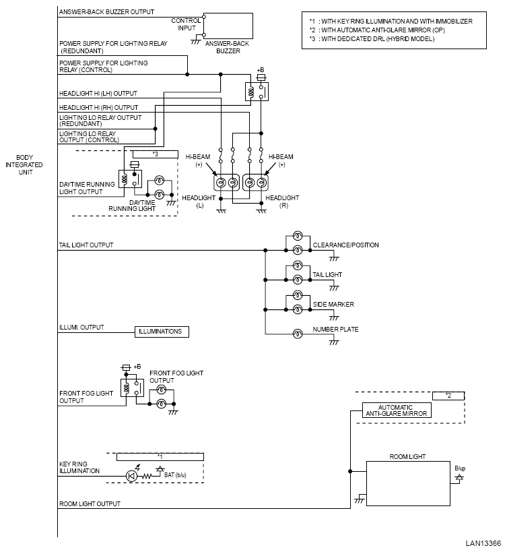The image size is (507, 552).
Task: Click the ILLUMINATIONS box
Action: [x=162, y=332]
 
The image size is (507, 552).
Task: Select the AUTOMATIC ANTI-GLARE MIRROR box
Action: [x=397, y=410]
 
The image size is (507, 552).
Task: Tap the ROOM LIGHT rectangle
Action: [x=408, y=483]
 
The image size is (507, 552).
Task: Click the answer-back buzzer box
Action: [x=228, y=26]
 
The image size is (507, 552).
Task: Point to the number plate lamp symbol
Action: [x=298, y=334]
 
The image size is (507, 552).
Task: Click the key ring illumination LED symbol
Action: [x=131, y=477]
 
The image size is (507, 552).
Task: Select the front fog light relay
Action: [x=132, y=388]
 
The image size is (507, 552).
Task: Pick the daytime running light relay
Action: [x=130, y=179]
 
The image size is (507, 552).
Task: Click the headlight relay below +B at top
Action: [x=257, y=92]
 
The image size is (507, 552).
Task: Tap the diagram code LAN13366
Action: [x=483, y=543]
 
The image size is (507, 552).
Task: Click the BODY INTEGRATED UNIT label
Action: [x=24, y=164]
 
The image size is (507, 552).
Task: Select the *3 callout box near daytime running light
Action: [x=155, y=154]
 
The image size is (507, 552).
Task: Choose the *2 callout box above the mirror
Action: [x=448, y=396]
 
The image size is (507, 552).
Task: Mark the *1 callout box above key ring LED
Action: [x=160, y=456]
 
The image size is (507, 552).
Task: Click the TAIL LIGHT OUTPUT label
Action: [x=86, y=245]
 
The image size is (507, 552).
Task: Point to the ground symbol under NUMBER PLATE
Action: [x=334, y=342]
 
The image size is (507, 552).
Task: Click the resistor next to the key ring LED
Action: [x=147, y=477]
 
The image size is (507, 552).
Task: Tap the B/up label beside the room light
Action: [x=460, y=468]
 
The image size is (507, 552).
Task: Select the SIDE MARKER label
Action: [x=333, y=304]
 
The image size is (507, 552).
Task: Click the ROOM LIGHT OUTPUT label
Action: [x=90, y=503]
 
